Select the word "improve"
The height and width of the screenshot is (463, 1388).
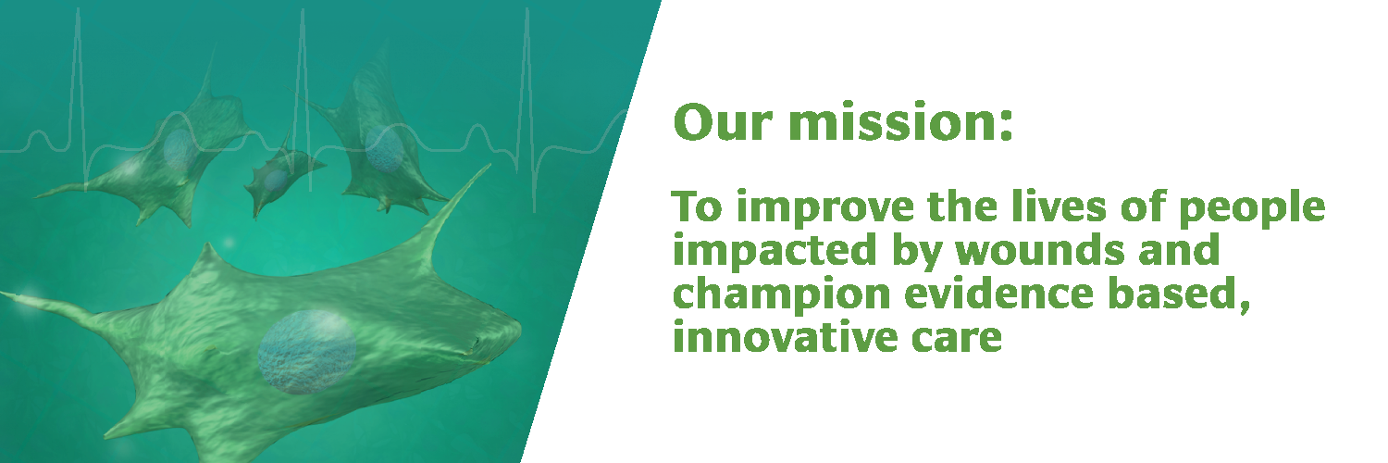pos(825,209)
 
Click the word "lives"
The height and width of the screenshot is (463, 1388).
pos(1059,206)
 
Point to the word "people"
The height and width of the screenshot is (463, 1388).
pos(1252,209)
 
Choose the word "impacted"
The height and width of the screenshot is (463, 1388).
pos(775,252)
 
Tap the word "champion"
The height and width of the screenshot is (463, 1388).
pos(781,295)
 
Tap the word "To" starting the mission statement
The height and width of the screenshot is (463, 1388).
pos(697,207)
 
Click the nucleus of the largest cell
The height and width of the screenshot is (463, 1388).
pos(306,352)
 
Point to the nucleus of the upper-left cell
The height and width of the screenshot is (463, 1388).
pos(180,149)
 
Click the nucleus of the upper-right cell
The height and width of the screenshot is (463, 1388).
pos(384,149)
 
